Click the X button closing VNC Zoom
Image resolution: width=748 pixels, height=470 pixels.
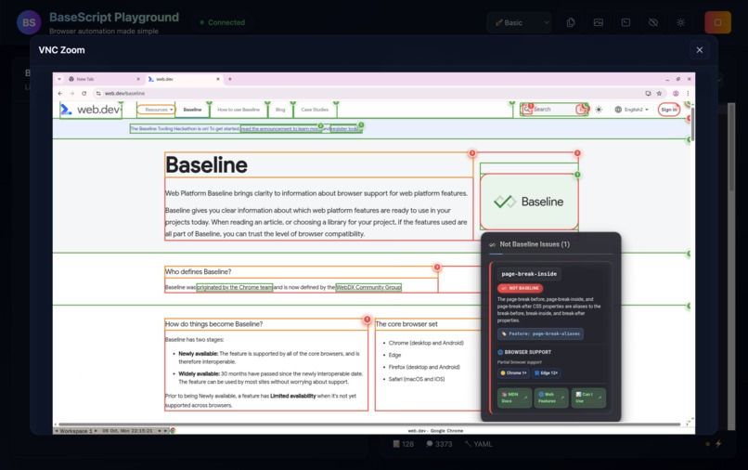(x=700, y=50)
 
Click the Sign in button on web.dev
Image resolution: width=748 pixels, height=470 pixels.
(x=668, y=110)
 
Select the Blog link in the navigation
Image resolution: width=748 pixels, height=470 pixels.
(x=280, y=110)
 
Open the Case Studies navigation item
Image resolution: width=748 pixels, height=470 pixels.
(x=315, y=110)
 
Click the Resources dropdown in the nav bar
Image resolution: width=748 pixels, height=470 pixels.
(x=157, y=110)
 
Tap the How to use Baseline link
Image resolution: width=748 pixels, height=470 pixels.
(x=239, y=110)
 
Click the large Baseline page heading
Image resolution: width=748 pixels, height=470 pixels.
(x=207, y=165)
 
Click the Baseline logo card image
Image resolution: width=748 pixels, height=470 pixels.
(x=529, y=202)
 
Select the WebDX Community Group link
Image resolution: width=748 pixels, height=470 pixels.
(x=368, y=288)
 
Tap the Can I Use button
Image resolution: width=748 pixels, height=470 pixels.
(x=588, y=398)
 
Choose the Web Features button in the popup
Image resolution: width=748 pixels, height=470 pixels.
(x=551, y=398)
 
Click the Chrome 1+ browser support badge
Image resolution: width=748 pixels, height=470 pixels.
(x=514, y=372)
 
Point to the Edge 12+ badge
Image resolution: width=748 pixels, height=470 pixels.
(x=548, y=372)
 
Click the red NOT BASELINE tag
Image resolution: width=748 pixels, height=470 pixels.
(x=521, y=289)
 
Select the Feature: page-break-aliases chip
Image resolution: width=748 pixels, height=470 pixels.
(x=540, y=333)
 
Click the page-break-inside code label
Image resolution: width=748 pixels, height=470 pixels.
(x=529, y=274)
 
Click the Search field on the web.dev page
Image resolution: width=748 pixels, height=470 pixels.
(x=554, y=110)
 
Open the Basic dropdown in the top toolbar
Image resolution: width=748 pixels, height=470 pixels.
(x=522, y=22)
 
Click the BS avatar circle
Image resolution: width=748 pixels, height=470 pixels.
(x=29, y=22)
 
